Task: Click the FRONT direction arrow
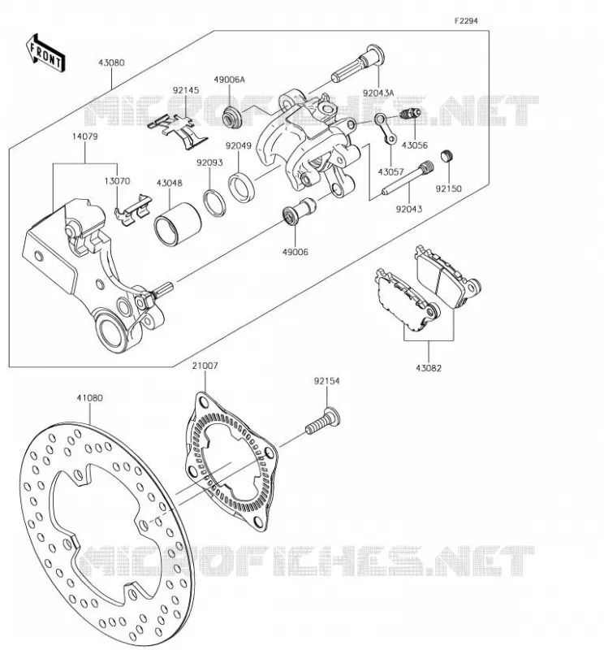tap(45, 54)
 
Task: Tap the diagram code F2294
tap(466, 21)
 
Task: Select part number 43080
tap(111, 63)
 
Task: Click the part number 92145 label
tap(186, 90)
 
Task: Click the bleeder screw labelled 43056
tap(411, 113)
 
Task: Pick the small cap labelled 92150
tap(447, 156)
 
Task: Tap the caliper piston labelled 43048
tap(177, 224)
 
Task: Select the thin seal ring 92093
tap(214, 202)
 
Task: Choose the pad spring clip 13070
tap(133, 210)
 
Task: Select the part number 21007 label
tap(205, 366)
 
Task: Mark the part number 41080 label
tap(89, 398)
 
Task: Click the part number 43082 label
tap(429, 368)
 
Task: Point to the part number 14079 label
tap(85, 136)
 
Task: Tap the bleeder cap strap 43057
tap(386, 129)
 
